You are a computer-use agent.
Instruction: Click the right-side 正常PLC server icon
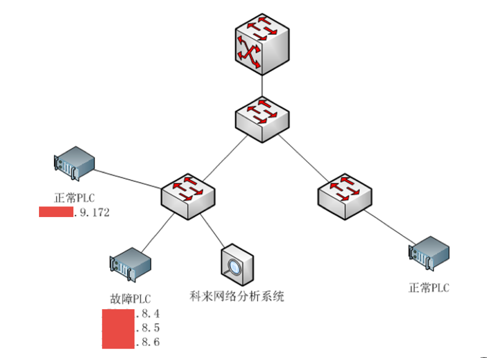coord(429,254)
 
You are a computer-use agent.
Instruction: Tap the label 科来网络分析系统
coord(237,296)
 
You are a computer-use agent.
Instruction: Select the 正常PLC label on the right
coord(429,288)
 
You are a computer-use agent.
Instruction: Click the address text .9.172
coord(92,213)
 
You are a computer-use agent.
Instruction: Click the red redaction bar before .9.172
coord(56,212)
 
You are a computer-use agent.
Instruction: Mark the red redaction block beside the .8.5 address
coord(118,328)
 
